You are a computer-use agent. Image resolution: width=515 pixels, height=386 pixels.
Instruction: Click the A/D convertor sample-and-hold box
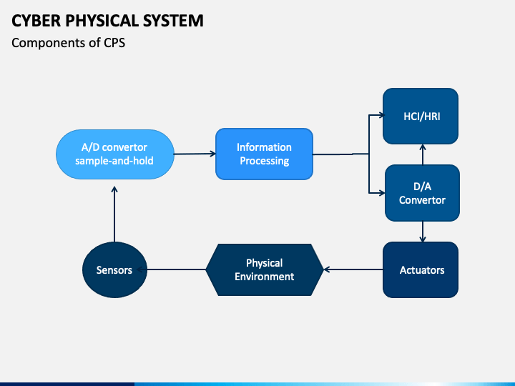point(114,154)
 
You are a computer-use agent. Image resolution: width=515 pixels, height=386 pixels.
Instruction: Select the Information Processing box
point(264,154)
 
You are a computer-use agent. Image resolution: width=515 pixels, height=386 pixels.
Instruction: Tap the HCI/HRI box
point(421,116)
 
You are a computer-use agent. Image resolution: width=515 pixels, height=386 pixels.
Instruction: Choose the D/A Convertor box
point(421,193)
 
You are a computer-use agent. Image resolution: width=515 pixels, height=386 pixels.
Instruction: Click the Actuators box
point(421,269)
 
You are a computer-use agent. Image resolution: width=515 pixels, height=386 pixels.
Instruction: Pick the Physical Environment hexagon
point(264,269)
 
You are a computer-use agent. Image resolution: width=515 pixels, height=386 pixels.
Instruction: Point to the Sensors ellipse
point(114,269)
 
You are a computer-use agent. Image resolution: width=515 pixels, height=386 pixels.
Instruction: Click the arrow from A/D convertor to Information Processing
point(195,154)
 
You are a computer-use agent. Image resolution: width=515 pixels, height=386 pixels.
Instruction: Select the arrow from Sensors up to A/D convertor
point(114,214)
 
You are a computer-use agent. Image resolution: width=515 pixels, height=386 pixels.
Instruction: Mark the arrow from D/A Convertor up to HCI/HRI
point(422,154)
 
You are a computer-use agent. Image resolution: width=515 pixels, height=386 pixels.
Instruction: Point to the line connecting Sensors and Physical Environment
point(177,269)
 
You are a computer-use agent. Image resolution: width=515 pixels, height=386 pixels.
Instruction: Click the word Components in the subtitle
point(44,43)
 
